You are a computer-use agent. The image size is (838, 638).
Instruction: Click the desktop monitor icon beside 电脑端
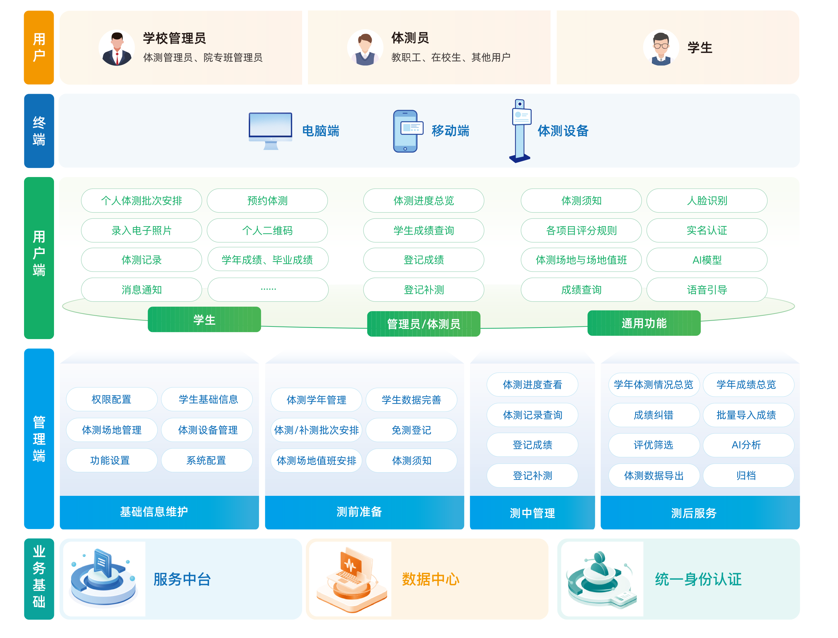pyautogui.click(x=270, y=131)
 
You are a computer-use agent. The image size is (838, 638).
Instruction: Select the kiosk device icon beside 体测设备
pyautogui.click(x=520, y=131)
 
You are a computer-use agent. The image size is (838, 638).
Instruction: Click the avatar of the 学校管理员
pyautogui.click(x=117, y=48)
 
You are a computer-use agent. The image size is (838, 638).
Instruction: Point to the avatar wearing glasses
pyautogui.click(x=661, y=48)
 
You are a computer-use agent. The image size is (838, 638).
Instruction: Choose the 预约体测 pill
pyautogui.click(x=267, y=200)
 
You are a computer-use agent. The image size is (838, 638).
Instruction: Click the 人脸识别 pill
pyautogui.click(x=707, y=200)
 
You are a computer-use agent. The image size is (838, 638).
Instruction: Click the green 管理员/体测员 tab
pyautogui.click(x=423, y=324)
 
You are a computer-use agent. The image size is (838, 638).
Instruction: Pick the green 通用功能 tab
pyautogui.click(x=644, y=323)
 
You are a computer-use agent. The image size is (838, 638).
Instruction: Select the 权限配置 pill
pyautogui.click(x=112, y=399)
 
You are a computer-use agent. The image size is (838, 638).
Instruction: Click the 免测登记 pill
pyautogui.click(x=411, y=430)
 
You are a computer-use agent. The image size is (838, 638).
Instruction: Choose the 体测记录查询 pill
pyautogui.click(x=532, y=415)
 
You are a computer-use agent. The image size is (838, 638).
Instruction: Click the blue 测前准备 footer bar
pyautogui.click(x=364, y=512)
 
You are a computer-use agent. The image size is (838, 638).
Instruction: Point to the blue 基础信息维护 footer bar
pyautogui.click(x=160, y=512)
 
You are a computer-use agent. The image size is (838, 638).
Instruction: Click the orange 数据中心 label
pyautogui.click(x=431, y=579)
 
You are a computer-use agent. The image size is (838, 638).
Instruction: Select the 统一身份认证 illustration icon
pyautogui.click(x=601, y=579)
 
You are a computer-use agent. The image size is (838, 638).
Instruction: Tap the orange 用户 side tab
pyautogui.click(x=39, y=47)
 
